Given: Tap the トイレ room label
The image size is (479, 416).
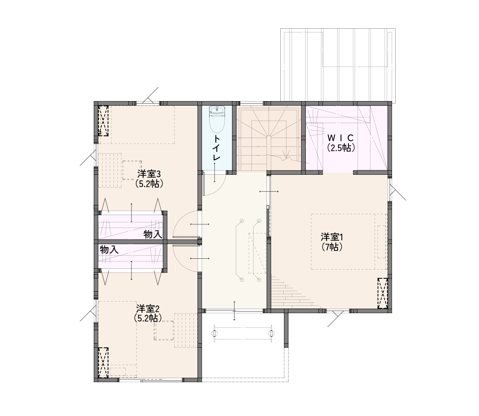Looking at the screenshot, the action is click(217, 148).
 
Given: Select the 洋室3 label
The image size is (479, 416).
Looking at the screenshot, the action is click(149, 174).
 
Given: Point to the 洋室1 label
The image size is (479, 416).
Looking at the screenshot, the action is click(332, 237).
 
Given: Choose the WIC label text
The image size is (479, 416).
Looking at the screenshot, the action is click(341, 138).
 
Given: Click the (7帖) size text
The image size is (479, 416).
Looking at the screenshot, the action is click(332, 246).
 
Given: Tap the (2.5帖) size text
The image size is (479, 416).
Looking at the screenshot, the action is click(341, 148).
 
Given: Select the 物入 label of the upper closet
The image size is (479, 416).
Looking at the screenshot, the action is click(153, 235).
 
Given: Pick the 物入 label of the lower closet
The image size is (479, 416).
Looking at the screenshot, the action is click(109, 250).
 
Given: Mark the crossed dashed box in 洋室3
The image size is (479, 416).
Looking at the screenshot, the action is click(103, 120).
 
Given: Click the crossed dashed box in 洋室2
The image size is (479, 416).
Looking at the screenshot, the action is click(103, 362).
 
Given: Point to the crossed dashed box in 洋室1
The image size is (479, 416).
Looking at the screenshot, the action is click(383, 293).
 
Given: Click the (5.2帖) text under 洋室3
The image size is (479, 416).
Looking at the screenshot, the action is click(149, 184).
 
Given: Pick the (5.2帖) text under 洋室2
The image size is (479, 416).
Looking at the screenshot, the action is click(148, 318).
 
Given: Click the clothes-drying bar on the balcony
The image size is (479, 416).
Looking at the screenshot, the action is click(243, 334).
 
